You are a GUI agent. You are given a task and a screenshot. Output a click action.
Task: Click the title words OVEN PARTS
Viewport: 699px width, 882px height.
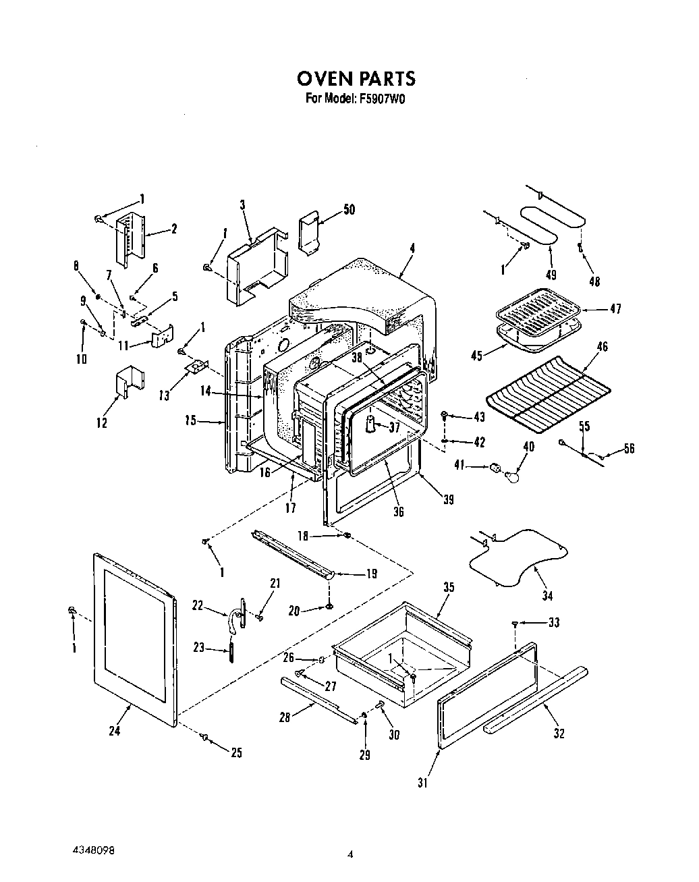(x=356, y=78)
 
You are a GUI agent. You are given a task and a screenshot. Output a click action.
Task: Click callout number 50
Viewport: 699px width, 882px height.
(x=349, y=210)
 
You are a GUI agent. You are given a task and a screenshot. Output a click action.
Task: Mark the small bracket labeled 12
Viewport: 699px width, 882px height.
(x=125, y=383)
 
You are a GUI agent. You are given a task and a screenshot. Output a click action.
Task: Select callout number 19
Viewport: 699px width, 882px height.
(x=370, y=574)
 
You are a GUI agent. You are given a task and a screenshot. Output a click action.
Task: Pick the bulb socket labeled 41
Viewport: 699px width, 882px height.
(x=497, y=467)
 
